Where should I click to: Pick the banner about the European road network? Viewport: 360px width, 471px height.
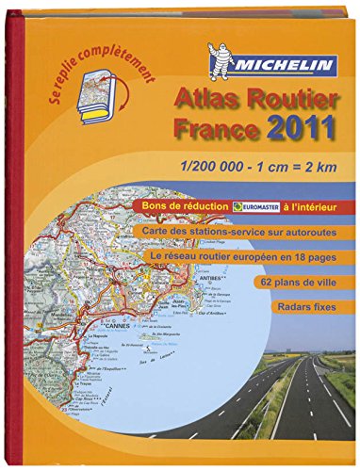[x=257, y=256]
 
